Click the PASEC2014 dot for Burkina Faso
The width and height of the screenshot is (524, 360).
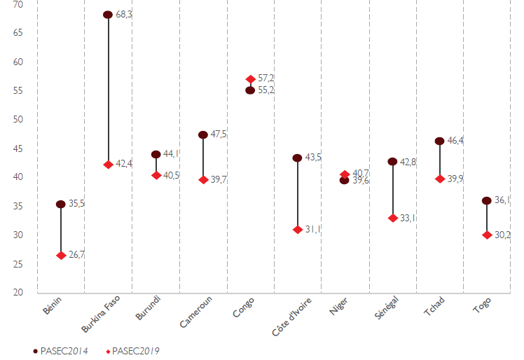point(108,15)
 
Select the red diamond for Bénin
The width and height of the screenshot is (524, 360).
point(61,256)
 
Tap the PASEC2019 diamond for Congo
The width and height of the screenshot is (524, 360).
point(250,79)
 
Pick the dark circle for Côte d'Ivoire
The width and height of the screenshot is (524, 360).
point(297,158)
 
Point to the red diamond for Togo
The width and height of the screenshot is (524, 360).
point(486,235)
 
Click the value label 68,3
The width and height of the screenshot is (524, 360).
point(123,15)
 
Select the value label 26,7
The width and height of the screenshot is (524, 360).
point(76,256)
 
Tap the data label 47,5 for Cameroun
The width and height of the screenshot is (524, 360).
point(218,134)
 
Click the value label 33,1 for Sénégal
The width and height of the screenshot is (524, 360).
point(408,219)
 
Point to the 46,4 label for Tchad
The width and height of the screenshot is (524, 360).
point(455,141)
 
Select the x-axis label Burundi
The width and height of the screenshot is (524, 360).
point(149,310)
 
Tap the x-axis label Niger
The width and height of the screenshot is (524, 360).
point(339,307)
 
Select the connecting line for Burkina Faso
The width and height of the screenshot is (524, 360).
point(108,91)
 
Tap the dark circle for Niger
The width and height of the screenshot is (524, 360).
point(344,181)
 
